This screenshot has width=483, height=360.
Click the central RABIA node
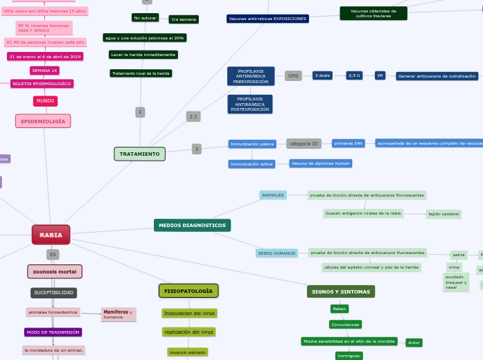coord(51,235)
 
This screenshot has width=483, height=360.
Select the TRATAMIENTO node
coord(139,154)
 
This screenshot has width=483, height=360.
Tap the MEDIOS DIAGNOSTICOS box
coord(192,225)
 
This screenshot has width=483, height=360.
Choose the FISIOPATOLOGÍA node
coord(188,291)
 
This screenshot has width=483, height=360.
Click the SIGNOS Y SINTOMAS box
coord(340,291)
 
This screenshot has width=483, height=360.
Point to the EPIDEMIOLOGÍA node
coord(43,121)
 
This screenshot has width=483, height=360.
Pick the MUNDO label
coord(45,101)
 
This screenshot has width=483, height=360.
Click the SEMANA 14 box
coord(44,71)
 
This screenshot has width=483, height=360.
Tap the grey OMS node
coord(293,75)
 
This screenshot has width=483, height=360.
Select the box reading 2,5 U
coord(354,75)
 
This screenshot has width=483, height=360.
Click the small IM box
coord(380,75)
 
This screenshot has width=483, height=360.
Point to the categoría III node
coord(304,143)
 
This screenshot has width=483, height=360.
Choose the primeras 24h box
coord(349,143)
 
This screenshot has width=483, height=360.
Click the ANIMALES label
coord(273,195)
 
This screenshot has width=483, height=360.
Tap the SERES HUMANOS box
coord(276,253)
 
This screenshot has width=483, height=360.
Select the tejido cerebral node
coord(444,214)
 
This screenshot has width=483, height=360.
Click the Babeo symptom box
coord(339,309)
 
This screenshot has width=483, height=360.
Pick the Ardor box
coord(414,343)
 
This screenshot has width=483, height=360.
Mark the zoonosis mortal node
coord(55,271)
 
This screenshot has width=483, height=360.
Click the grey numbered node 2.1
coord(193,116)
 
